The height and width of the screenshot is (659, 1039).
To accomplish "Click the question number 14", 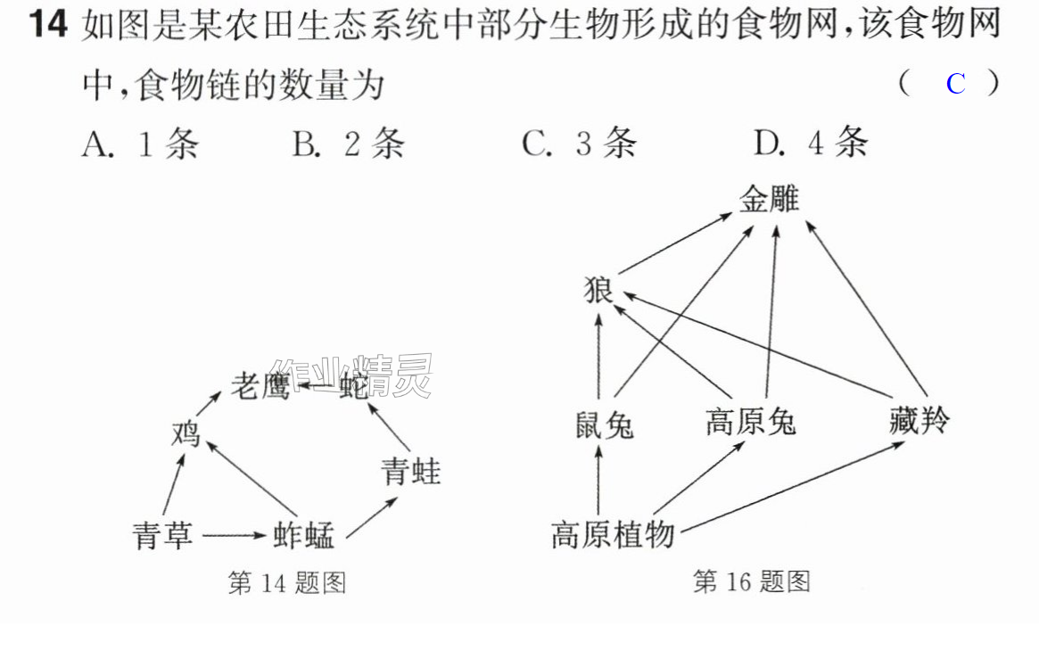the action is click(x=48, y=24).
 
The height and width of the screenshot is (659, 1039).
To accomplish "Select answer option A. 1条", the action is click(x=141, y=143).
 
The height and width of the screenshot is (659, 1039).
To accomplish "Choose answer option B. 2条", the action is click(x=349, y=143).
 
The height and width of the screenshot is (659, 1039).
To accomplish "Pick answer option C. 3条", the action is click(x=579, y=143).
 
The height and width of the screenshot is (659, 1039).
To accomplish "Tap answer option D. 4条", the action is click(x=811, y=142).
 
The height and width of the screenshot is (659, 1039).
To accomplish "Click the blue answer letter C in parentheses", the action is click(x=955, y=84).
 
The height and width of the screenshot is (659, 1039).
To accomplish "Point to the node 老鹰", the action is click(x=260, y=386).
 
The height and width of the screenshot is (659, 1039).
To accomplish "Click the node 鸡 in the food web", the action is click(x=186, y=434).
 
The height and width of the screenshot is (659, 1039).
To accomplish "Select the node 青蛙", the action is click(x=411, y=473).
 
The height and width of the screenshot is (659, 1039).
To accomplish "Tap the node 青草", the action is click(x=163, y=535).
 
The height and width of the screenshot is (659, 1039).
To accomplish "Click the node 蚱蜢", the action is click(x=304, y=535).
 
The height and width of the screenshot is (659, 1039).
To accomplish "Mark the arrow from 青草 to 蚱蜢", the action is click(x=234, y=535).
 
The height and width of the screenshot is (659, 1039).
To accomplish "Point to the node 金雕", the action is click(x=770, y=199).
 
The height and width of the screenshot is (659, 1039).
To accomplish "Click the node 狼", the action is click(x=598, y=290).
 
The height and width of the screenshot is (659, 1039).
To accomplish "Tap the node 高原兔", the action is click(x=751, y=422).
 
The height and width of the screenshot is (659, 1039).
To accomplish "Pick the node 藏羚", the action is click(x=919, y=421).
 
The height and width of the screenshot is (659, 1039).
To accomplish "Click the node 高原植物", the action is click(x=613, y=534).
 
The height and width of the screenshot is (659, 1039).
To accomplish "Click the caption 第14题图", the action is click(x=287, y=583).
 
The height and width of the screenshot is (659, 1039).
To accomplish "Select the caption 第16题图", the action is click(x=752, y=581).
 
